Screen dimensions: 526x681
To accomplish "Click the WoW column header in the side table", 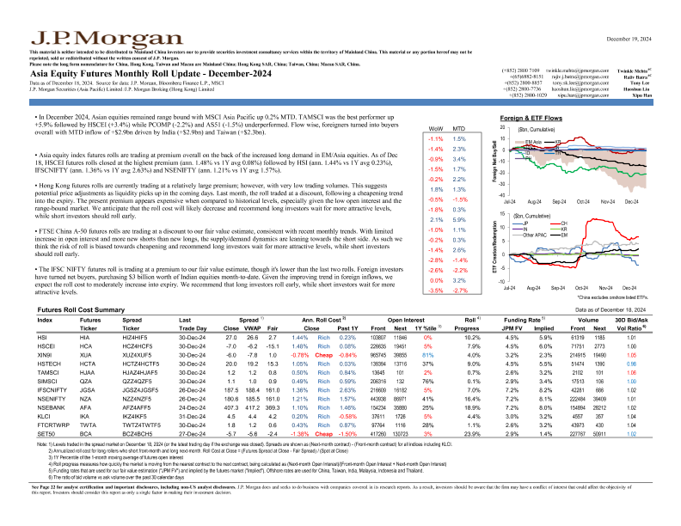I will pos(435,126).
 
